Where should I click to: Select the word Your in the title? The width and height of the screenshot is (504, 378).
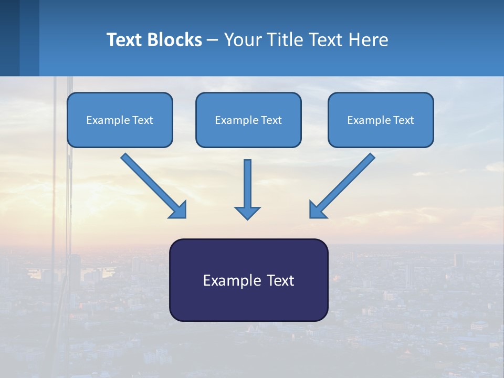243,40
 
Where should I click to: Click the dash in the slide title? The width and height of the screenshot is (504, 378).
213,40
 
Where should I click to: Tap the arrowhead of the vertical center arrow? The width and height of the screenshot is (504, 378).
247,213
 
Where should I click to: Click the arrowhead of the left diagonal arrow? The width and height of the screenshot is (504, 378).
178,210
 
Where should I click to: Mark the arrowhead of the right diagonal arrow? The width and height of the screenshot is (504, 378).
317,210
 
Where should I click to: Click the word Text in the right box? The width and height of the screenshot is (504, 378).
404,120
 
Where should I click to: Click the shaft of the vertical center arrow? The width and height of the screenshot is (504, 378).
247,181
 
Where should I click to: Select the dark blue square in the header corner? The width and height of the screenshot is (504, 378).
9,38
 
